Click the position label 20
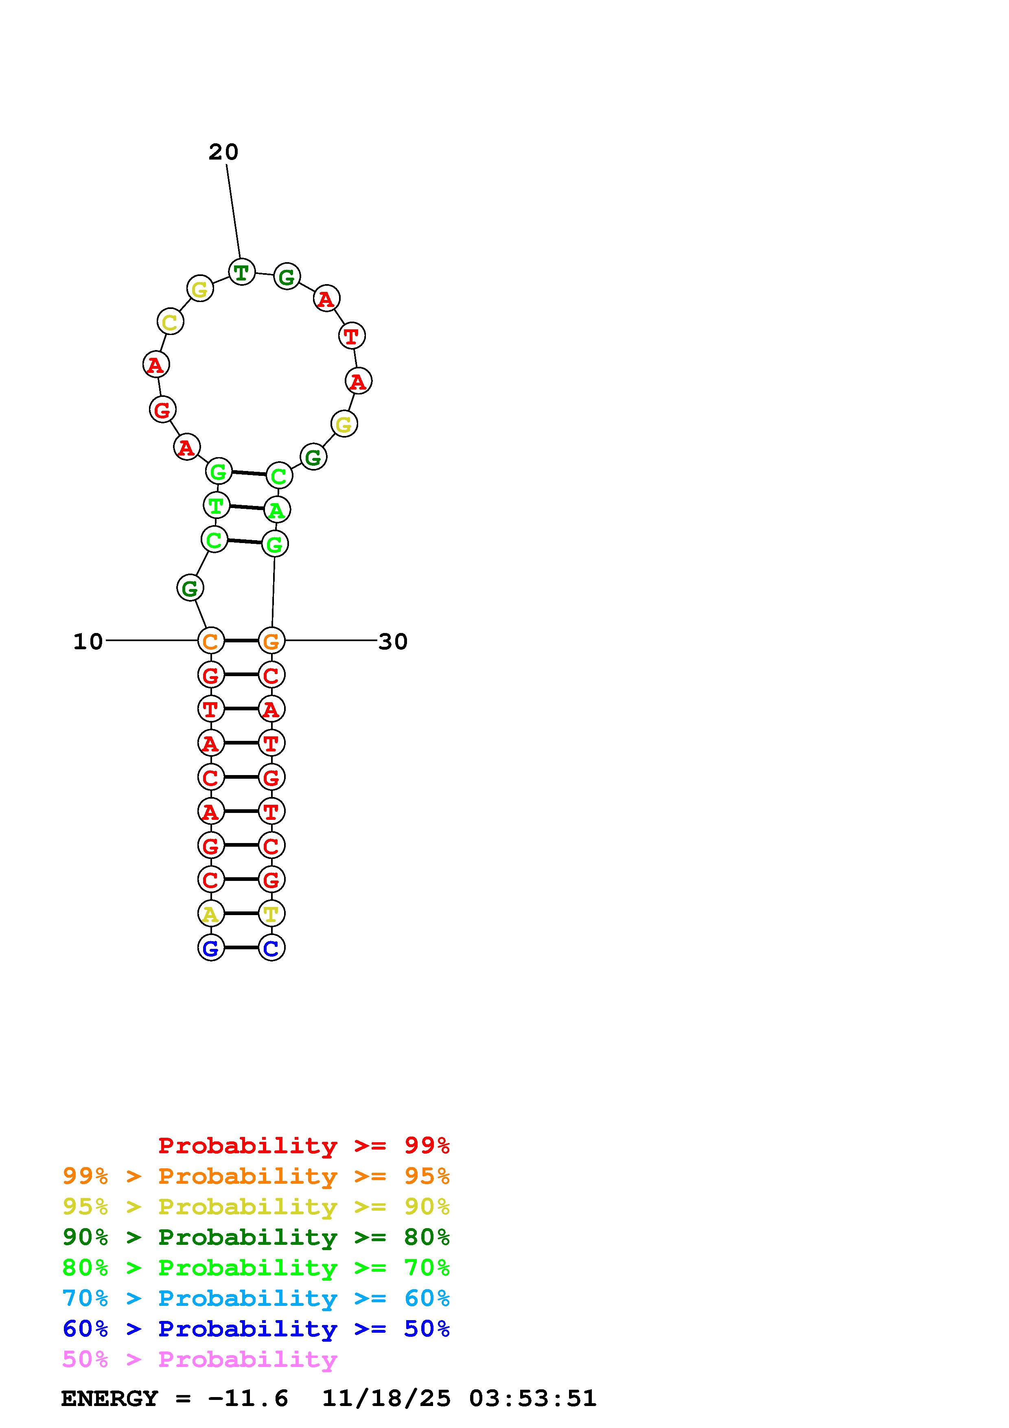pyautogui.click(x=223, y=152)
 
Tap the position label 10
pyautogui.click(x=88, y=641)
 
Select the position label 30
pyautogui.click(x=393, y=641)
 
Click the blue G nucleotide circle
pyautogui.click(x=211, y=948)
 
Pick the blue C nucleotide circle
pyautogui.click(x=271, y=948)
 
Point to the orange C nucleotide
pyautogui.click(x=211, y=641)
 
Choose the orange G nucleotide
pyautogui.click(x=271, y=641)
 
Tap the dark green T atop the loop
pyautogui.click(x=242, y=272)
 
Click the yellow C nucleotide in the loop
pyautogui.click(x=170, y=322)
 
